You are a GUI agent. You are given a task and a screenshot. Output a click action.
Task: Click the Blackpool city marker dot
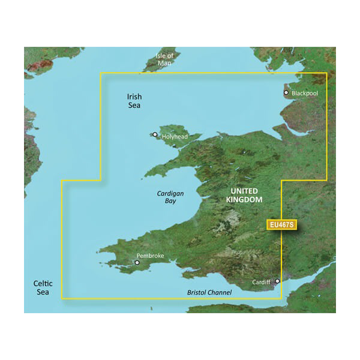coord(286,93)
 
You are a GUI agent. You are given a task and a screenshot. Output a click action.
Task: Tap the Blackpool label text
coord(305,94)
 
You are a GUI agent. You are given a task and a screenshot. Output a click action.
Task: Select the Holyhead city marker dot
coord(155,134)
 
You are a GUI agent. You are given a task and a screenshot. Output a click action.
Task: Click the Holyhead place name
coord(175,137)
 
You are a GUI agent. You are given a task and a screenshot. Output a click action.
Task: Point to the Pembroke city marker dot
coord(137,262)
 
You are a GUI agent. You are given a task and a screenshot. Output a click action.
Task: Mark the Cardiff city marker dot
coord(277,281)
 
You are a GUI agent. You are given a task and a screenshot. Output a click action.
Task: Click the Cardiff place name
coord(261,281)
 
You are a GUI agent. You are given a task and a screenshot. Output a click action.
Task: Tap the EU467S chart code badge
coord(280,226)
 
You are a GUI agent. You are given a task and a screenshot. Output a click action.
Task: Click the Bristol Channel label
coord(207,292)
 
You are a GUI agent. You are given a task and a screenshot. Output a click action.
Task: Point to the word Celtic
coord(43,283)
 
